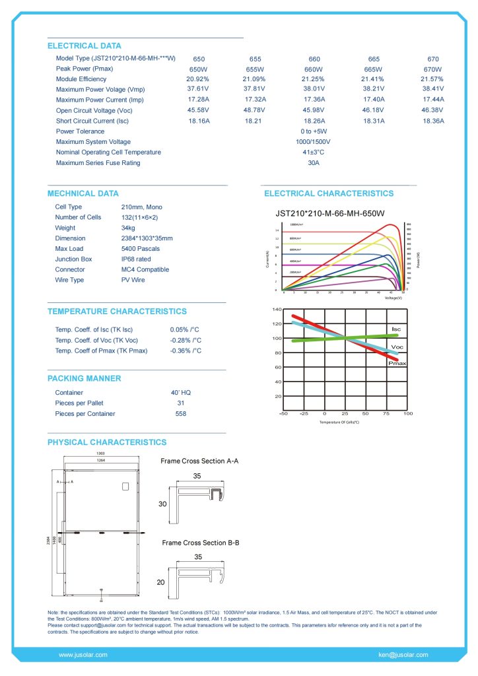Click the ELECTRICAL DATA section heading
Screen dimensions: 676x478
tap(85, 46)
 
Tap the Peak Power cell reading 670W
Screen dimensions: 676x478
tap(432, 69)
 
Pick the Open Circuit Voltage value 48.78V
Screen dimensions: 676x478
tap(254, 110)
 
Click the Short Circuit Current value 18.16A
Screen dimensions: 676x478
tap(199, 121)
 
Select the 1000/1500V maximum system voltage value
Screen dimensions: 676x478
tap(313, 142)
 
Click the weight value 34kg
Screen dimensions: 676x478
tap(121, 228)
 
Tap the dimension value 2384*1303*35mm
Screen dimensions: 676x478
tap(142, 238)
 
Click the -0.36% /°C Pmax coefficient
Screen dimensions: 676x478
tap(186, 351)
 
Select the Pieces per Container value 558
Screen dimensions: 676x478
tap(181, 414)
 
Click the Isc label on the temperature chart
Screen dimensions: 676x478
tap(396, 329)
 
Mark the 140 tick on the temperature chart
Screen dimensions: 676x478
tap(277, 310)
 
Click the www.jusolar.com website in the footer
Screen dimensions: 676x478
tap(83, 655)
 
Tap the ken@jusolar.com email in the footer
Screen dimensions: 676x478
tap(403, 655)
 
